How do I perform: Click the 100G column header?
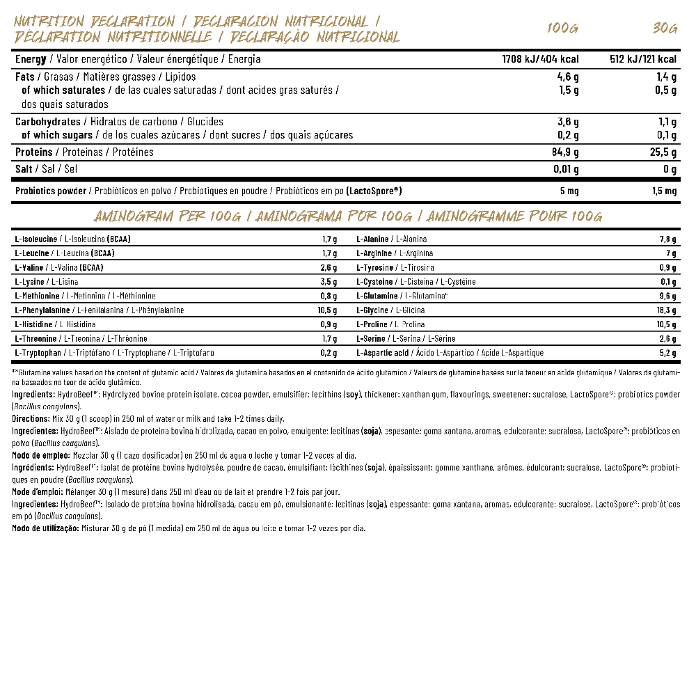pos(562,29)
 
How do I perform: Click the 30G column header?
pos(665,29)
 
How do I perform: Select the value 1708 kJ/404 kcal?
pos(540,59)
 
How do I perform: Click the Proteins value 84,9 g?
pos(564,152)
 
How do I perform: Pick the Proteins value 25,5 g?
pos(663,152)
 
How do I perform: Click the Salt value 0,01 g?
pos(564,169)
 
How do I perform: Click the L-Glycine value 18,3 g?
pos(666,310)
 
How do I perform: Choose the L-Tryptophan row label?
pos(40,353)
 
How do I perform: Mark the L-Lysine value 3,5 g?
pos(329,282)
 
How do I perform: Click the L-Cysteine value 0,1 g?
pos(668,282)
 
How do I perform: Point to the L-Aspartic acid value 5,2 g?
pos(668,353)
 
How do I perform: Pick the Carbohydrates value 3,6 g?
pos(568,122)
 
